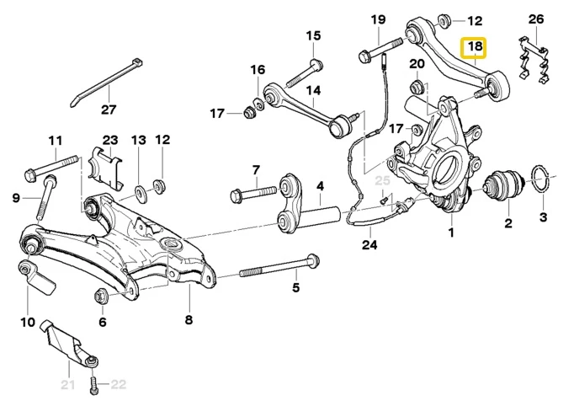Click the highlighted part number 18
[475, 47]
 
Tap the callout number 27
[109, 110]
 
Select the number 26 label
[537, 19]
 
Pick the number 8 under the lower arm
[189, 320]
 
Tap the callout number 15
[314, 35]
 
